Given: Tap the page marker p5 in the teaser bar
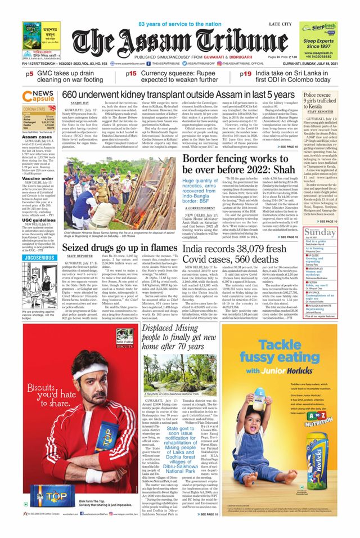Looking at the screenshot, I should point(29,74).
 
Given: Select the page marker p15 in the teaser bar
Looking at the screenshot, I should point(131,74).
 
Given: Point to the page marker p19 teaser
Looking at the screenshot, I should point(231,74).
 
